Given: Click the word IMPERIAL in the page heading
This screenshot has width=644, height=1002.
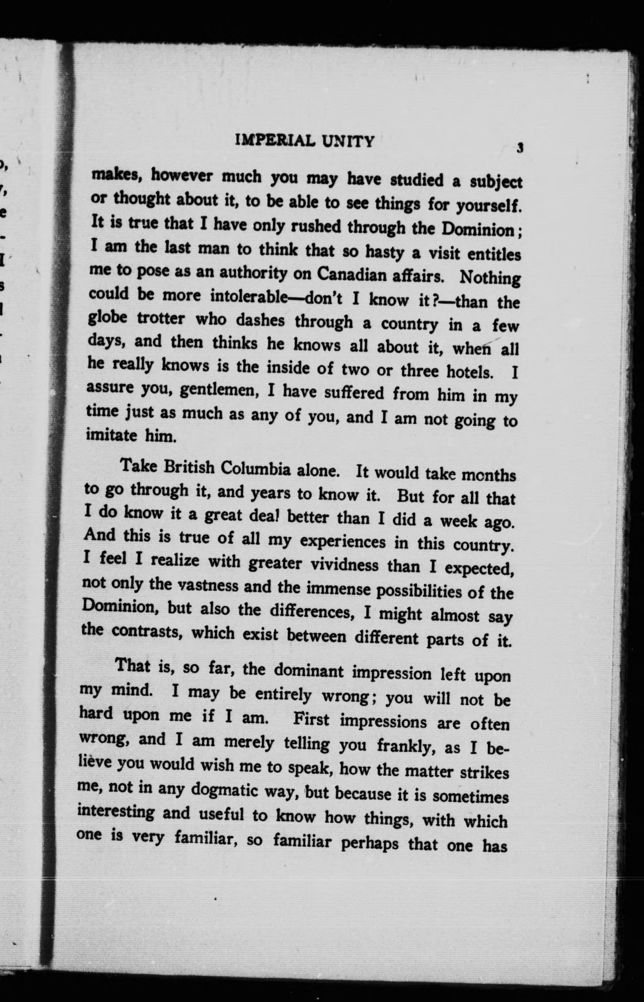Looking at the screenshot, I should tap(275, 140).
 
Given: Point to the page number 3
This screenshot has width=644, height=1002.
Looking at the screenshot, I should tap(520, 148).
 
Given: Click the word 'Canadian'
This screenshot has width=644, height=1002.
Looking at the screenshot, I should tap(352, 274).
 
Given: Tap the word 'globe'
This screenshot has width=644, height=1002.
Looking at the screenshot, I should tap(108, 318).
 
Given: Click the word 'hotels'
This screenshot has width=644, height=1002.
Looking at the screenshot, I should tap(470, 372).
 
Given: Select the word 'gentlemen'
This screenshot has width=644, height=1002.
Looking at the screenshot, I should tap(218, 390).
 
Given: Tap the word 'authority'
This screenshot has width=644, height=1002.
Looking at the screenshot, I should tap(253, 273).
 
